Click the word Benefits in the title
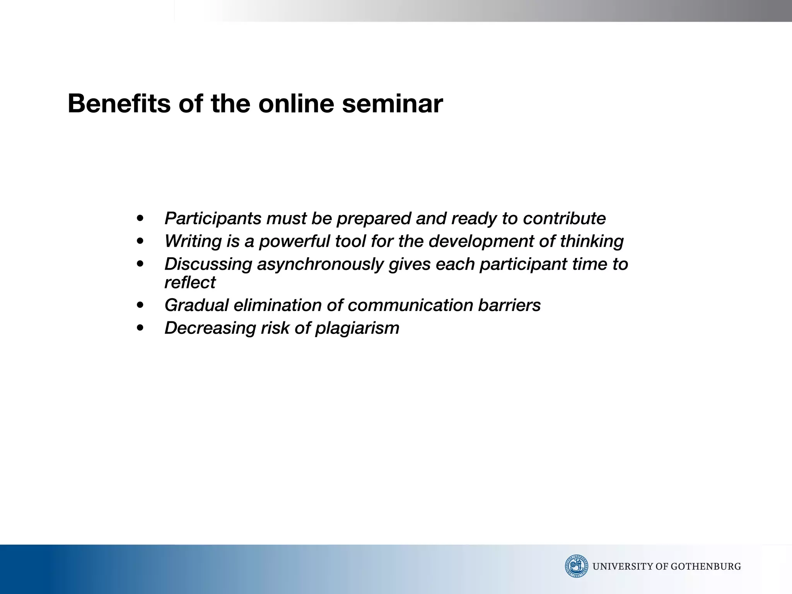pyautogui.click(x=119, y=104)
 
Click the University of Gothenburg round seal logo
pyautogui.click(x=576, y=566)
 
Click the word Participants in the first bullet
pyautogui.click(x=213, y=218)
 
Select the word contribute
pyautogui.click(x=564, y=218)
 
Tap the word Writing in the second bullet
pyautogui.click(x=193, y=241)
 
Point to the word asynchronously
pyautogui.click(x=320, y=264)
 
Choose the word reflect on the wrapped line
pyautogui.click(x=190, y=283)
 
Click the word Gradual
pyautogui.click(x=196, y=305)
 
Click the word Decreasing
pyautogui.click(x=210, y=328)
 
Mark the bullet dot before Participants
pyautogui.click(x=140, y=219)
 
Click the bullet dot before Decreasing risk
pyautogui.click(x=140, y=328)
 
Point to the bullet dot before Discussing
pyautogui.click(x=140, y=265)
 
